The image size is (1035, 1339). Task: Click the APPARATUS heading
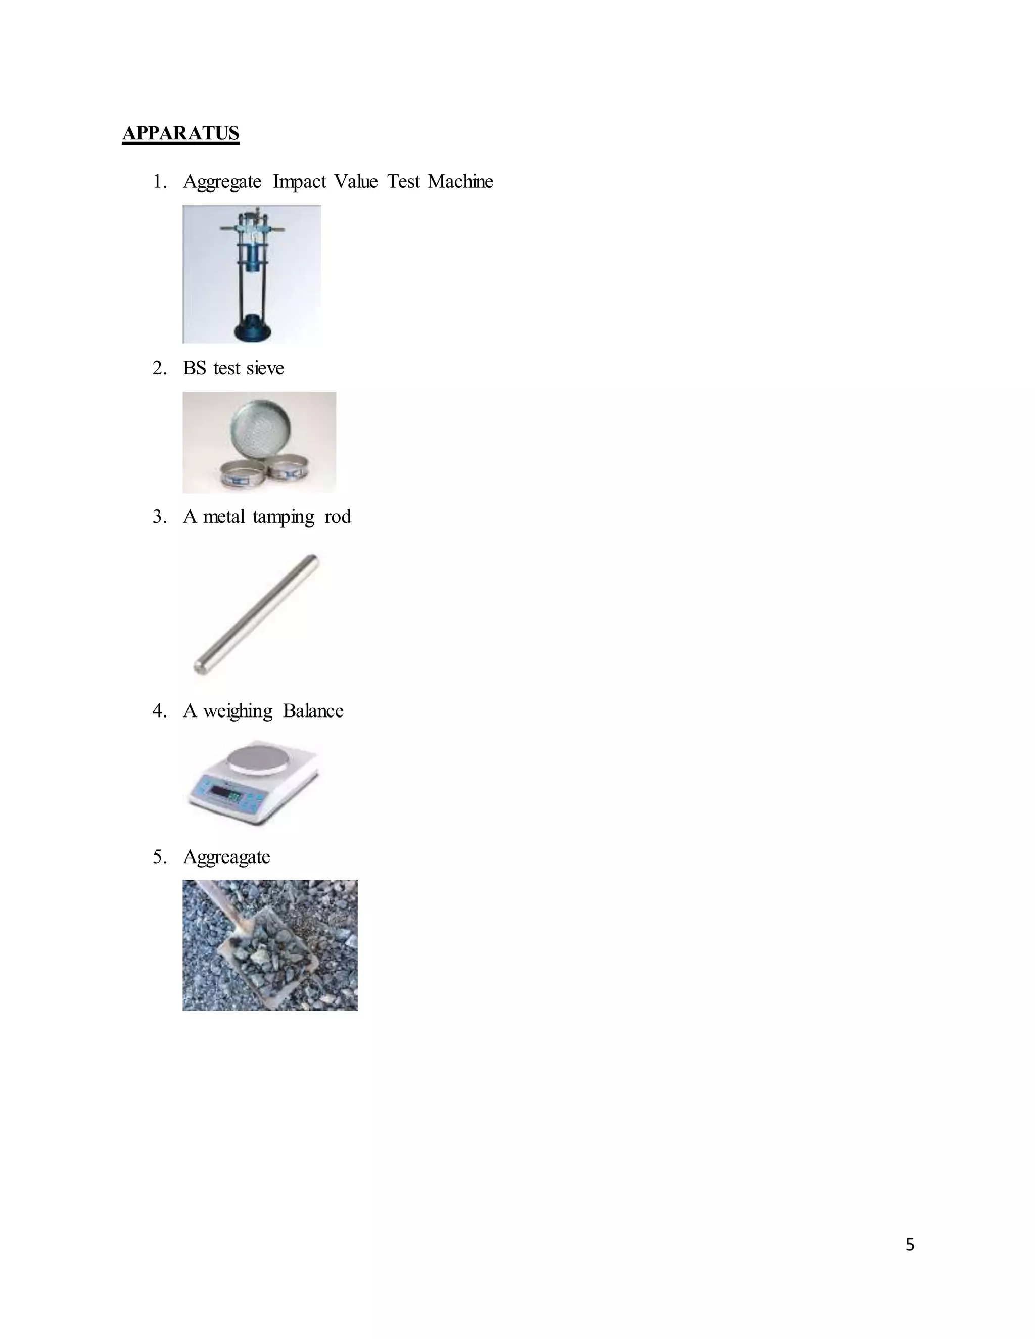pyautogui.click(x=181, y=134)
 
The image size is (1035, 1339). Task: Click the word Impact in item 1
pyautogui.click(x=299, y=182)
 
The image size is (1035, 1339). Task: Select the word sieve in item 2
pyautogui.click(x=265, y=368)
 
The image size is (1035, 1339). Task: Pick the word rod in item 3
pyautogui.click(x=337, y=517)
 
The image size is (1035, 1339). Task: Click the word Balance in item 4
pyautogui.click(x=313, y=711)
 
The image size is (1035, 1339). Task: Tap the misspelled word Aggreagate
pyautogui.click(x=226, y=857)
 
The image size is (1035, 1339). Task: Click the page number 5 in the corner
pyautogui.click(x=909, y=1245)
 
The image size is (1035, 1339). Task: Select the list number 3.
pyautogui.click(x=159, y=517)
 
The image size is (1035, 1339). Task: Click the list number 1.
pyautogui.click(x=159, y=182)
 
